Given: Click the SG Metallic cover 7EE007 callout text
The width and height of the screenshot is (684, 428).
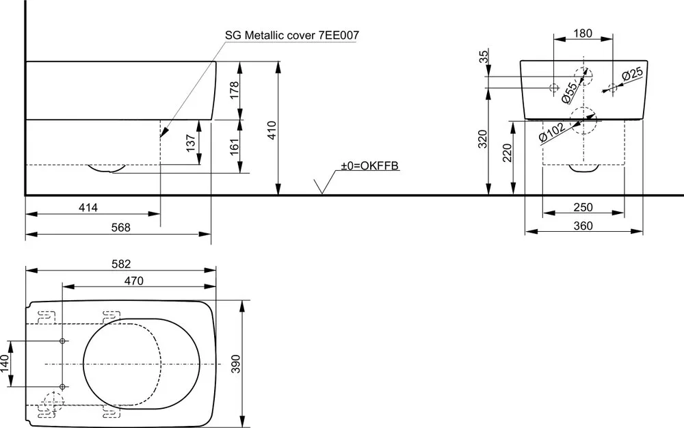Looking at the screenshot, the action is (292, 36).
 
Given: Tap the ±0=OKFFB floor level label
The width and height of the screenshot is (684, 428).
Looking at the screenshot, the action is (369, 165).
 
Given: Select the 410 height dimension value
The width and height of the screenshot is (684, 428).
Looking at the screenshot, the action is (272, 130).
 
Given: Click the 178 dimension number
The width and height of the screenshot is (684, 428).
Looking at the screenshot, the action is (234, 90).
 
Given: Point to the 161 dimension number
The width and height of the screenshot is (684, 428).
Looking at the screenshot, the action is (234, 147).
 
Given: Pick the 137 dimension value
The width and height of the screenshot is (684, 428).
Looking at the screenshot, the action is (191, 143).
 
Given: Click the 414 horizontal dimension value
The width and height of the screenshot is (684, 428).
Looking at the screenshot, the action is (88, 207).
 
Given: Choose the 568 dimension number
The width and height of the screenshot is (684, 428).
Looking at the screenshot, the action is (121, 228).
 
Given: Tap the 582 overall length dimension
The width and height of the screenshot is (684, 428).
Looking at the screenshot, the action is (121, 264).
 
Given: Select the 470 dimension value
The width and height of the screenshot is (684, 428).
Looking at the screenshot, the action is (133, 281).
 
